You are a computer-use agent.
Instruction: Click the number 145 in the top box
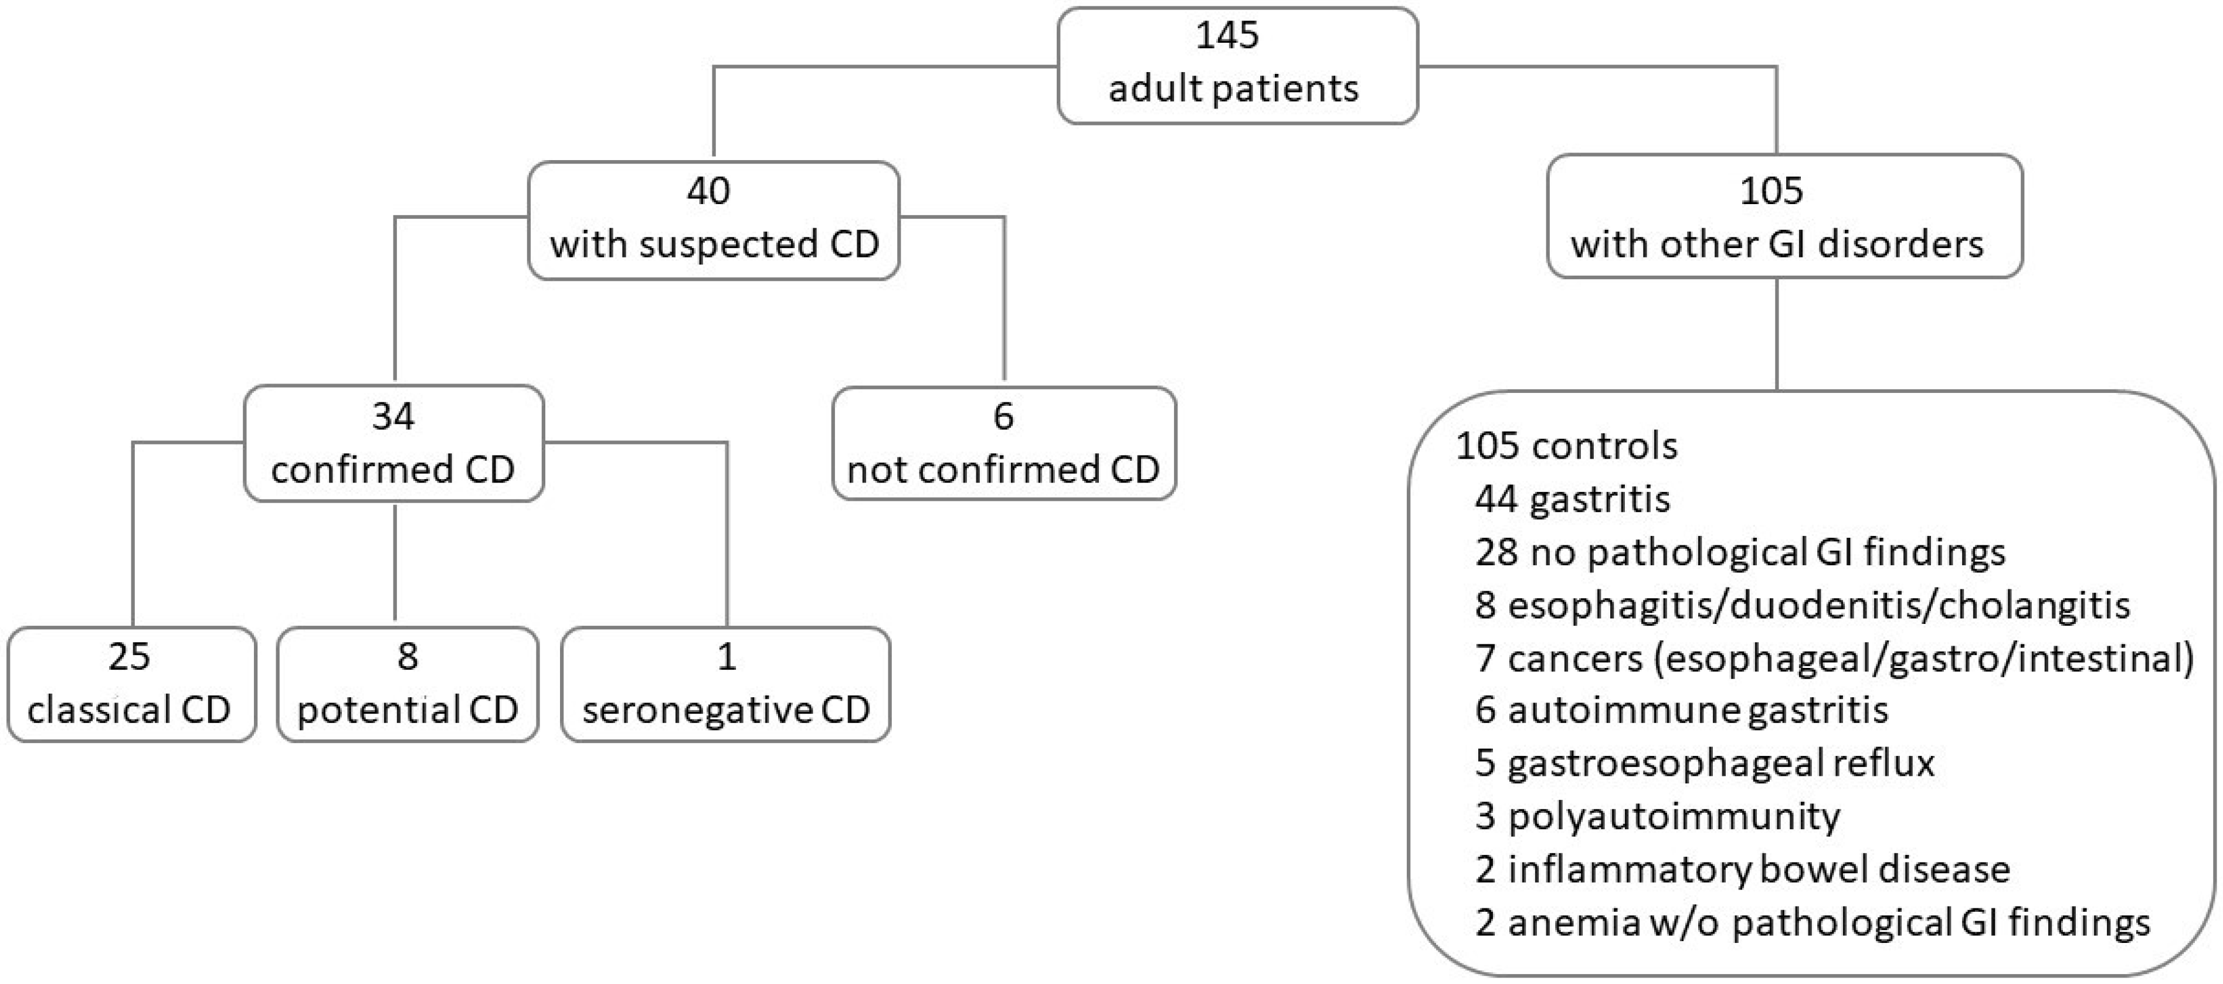(1227, 36)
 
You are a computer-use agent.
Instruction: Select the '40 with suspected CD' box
(714, 219)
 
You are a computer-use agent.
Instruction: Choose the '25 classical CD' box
(131, 684)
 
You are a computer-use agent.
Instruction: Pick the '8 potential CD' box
(408, 684)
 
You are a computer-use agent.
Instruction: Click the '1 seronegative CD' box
(726, 684)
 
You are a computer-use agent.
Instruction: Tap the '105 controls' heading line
(1566, 446)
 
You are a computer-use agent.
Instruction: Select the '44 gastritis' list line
(1572, 499)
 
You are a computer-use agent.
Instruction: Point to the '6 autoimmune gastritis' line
(1681, 710)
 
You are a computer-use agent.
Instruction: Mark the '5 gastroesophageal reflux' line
(1705, 763)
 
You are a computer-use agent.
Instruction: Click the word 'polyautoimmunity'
(1674, 816)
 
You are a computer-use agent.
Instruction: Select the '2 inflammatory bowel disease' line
(1742, 869)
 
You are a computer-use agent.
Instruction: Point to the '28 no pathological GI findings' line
(1740, 552)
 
